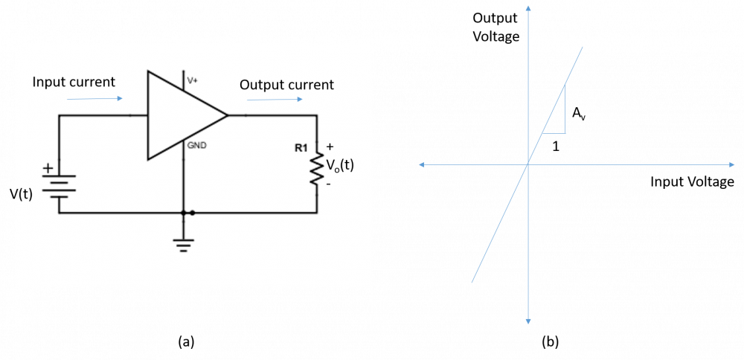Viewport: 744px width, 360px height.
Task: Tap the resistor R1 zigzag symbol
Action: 316,168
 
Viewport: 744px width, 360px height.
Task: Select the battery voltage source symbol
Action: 60,187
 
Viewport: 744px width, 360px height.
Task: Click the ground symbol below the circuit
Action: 183,243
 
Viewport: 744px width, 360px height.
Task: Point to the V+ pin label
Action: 192,81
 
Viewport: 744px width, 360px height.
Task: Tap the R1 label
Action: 301,148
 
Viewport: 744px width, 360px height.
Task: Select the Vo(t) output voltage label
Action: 340,166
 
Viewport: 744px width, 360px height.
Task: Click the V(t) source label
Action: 21,194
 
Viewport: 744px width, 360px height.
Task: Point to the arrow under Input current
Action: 95,99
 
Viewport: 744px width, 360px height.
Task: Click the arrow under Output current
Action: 275,99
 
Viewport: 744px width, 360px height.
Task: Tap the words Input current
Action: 74,82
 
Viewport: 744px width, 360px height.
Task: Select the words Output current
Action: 286,85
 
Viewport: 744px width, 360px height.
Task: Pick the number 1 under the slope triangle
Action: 555,147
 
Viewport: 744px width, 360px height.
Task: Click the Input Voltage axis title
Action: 692,181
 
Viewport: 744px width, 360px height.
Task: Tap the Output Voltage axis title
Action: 496,28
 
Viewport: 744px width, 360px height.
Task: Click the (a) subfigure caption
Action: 185,341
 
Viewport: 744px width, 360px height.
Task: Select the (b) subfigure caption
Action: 551,341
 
